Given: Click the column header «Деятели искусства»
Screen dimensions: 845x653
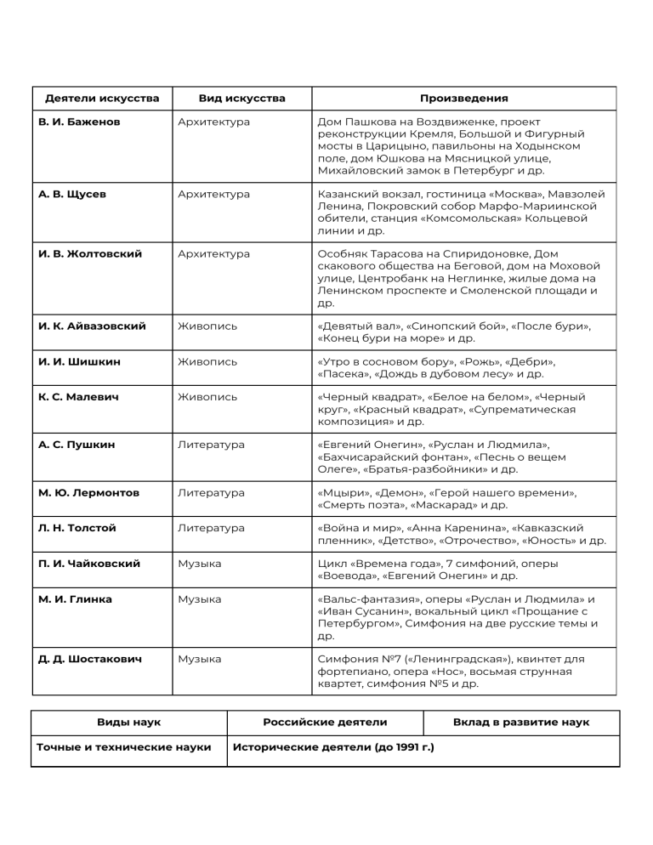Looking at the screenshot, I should click(x=102, y=99).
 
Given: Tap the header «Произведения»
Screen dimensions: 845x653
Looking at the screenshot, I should click(x=463, y=99).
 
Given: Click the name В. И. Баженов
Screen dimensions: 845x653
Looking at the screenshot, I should click(x=80, y=122).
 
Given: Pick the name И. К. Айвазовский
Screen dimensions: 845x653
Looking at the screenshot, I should click(x=93, y=326).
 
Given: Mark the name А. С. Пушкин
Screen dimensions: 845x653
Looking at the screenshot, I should click(x=77, y=445).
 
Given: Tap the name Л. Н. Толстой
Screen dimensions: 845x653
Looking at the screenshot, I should click(x=78, y=528).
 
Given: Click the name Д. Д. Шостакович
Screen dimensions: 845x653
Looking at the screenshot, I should click(x=90, y=659).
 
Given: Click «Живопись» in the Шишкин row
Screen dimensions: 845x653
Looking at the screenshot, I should click(x=207, y=362).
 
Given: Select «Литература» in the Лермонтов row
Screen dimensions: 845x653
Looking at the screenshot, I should click(x=211, y=493).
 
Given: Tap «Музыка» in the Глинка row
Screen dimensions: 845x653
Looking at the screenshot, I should click(x=200, y=599).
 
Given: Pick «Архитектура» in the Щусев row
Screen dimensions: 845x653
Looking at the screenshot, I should click(x=214, y=195).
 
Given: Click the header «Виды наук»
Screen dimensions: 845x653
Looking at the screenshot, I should click(x=128, y=723).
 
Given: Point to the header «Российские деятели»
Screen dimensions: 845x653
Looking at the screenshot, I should click(x=325, y=723).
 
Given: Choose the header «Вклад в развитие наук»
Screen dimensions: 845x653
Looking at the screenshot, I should click(x=521, y=723).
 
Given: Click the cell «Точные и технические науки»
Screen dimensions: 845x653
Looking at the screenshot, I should click(x=124, y=747).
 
